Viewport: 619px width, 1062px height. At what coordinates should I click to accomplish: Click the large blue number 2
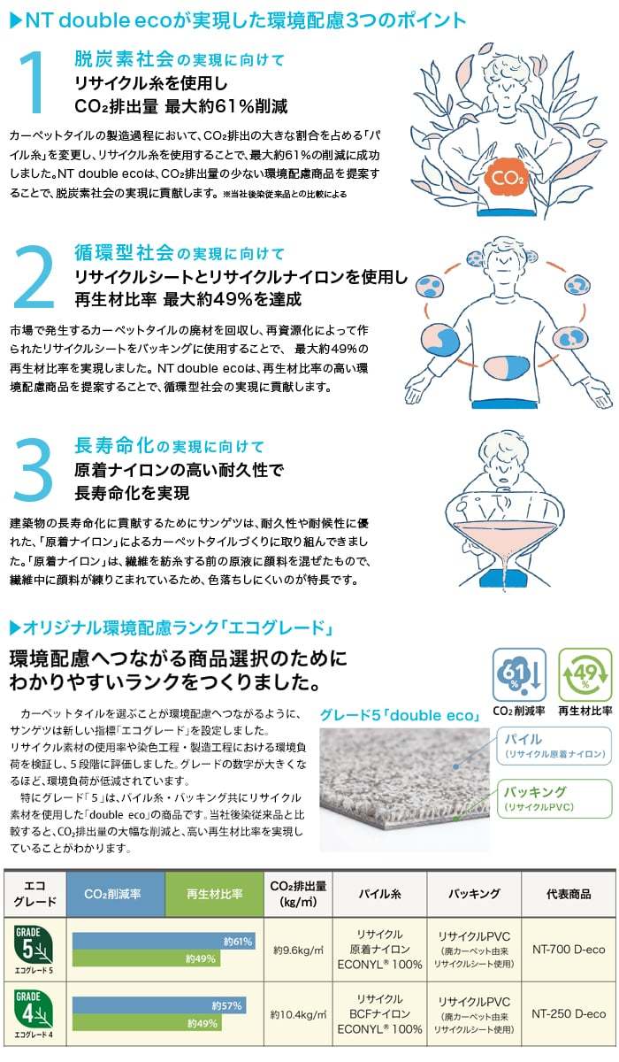click(35, 279)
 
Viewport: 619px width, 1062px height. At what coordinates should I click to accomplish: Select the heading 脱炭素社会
click(124, 59)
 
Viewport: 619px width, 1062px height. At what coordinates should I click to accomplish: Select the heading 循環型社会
click(124, 254)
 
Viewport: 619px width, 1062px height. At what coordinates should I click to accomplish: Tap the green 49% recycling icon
click(584, 675)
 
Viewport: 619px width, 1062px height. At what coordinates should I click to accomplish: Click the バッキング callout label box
click(554, 798)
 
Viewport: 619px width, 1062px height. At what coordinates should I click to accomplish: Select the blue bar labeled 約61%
click(164, 941)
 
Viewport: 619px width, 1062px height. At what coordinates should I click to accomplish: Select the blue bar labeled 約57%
click(159, 1005)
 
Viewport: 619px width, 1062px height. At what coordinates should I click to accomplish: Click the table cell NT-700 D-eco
click(569, 950)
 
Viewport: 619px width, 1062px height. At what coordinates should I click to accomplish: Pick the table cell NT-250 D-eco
click(569, 1013)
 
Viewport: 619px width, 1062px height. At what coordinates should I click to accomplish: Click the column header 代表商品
click(569, 894)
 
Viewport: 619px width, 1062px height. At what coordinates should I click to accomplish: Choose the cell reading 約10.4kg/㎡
click(299, 1013)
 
